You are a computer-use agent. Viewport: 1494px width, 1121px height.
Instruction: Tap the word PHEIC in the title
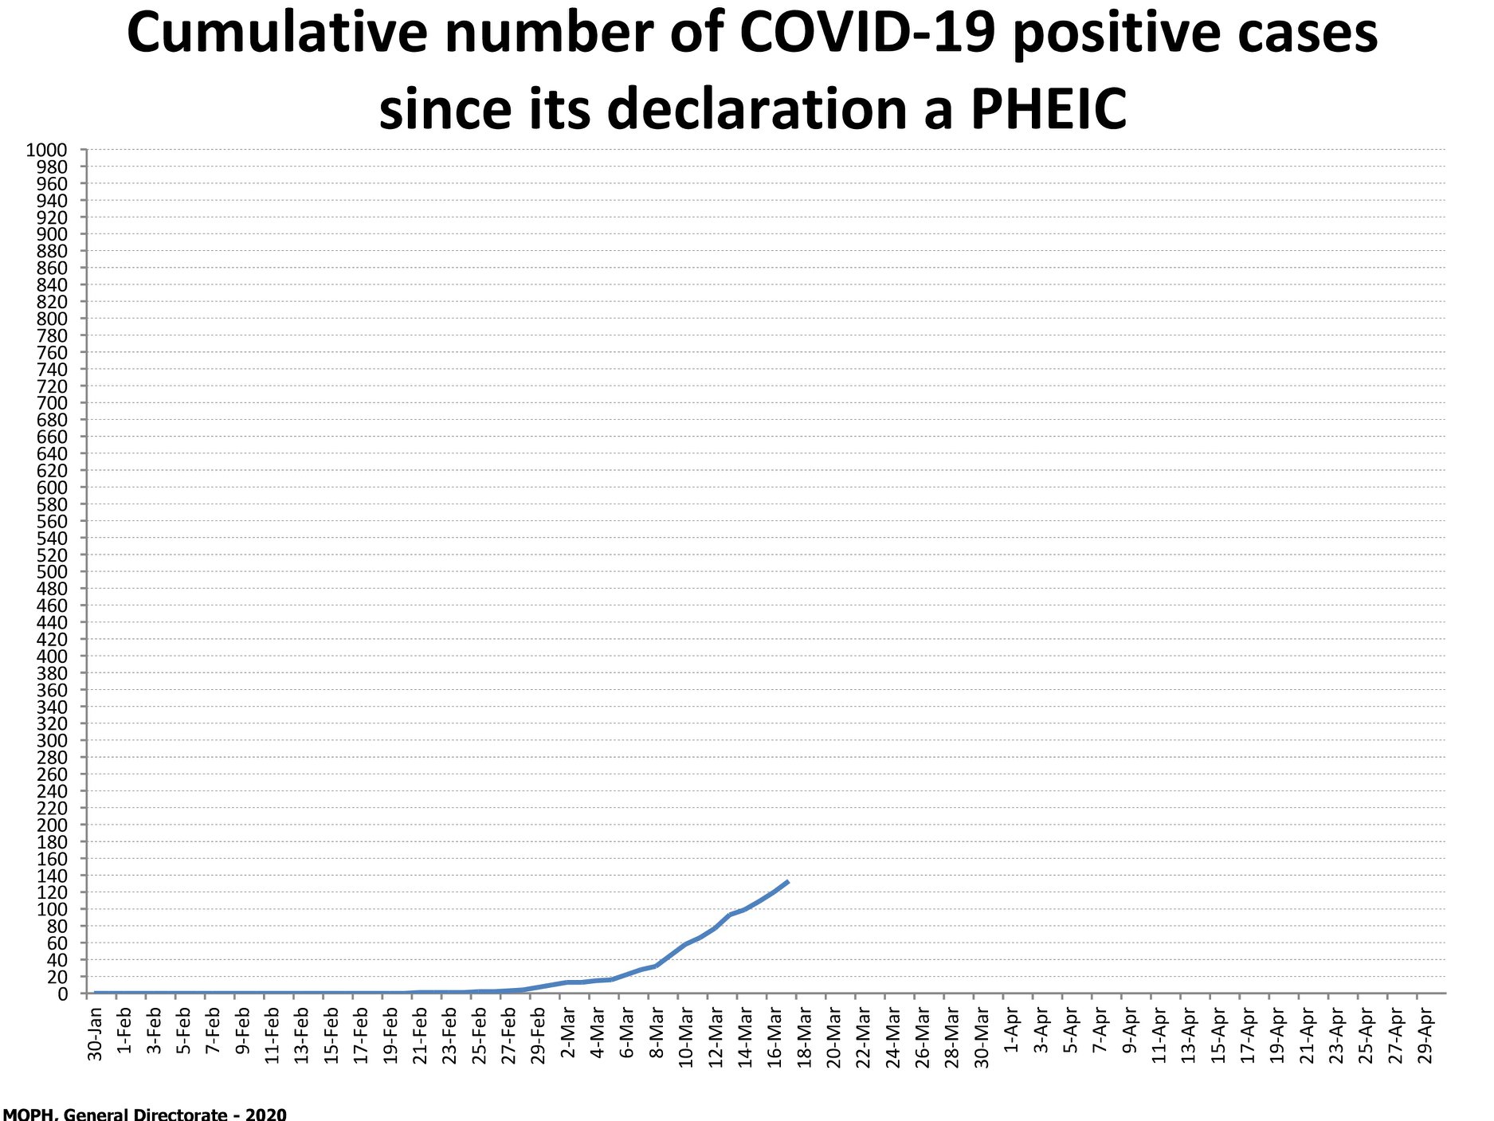click(x=1049, y=108)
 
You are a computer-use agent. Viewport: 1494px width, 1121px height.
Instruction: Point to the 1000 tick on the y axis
click(x=47, y=150)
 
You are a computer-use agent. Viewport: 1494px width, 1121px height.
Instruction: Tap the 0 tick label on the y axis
click(x=63, y=994)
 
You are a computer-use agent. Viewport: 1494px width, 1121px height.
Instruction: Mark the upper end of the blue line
click(x=788, y=881)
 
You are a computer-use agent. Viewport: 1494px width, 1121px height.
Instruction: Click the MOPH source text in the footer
click(x=144, y=1114)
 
